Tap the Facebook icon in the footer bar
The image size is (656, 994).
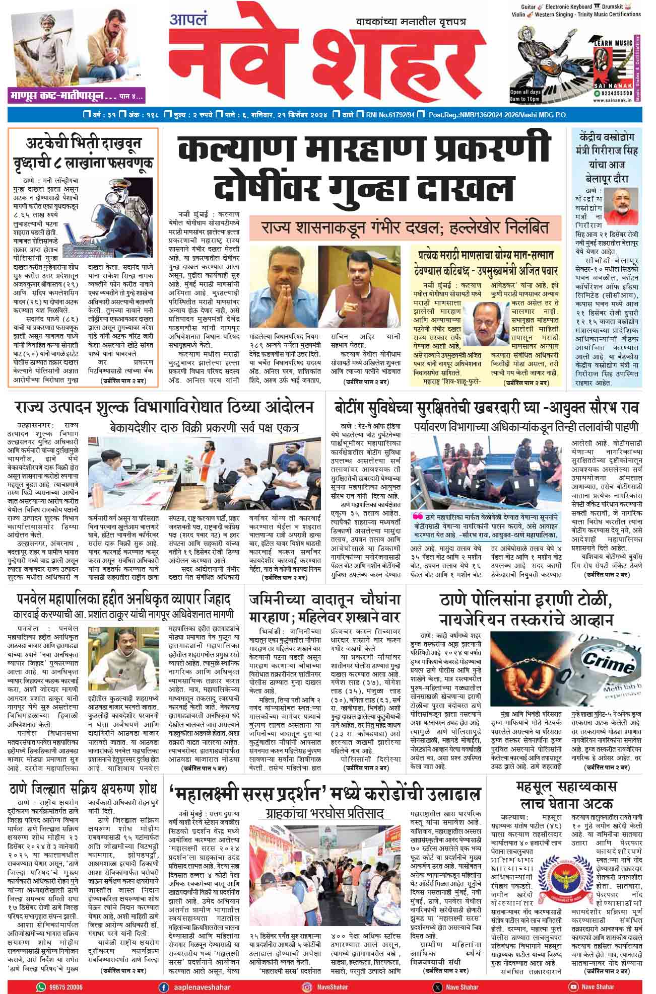pyautogui.click(x=163, y=987)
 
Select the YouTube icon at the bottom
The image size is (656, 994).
pyautogui.click(x=573, y=987)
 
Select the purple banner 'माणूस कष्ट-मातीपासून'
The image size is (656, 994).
pyautogui.click(x=76, y=95)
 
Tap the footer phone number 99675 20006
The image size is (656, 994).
pyautogui.click(x=65, y=987)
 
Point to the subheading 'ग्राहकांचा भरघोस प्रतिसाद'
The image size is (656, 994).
pyautogui.click(x=325, y=814)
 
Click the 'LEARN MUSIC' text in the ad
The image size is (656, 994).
pyautogui.click(x=613, y=43)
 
